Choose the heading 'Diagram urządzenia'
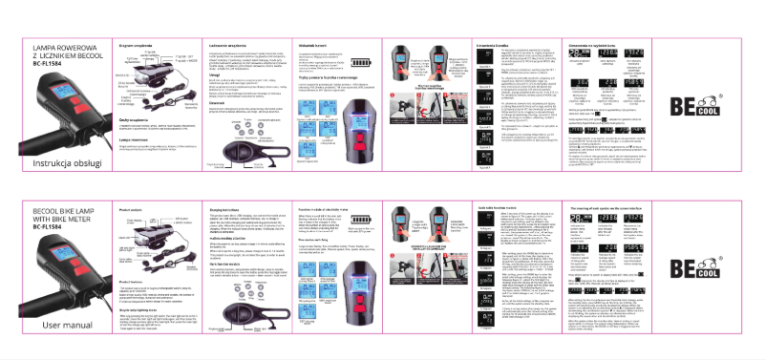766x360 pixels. (x=136, y=45)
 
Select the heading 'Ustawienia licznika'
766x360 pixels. (x=495, y=45)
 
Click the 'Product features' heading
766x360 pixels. (x=131, y=282)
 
